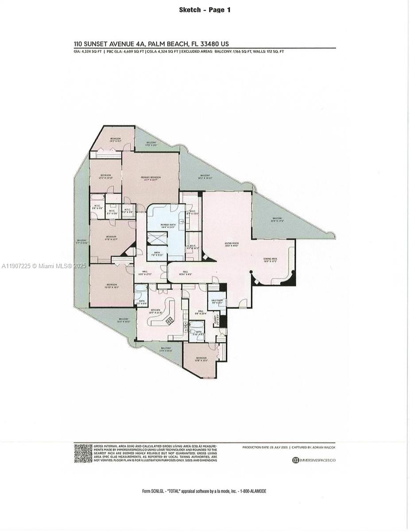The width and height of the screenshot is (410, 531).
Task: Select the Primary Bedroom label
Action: (151, 178)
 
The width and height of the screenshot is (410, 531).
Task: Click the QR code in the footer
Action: (83, 453)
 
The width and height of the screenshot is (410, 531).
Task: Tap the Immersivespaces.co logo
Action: (313, 460)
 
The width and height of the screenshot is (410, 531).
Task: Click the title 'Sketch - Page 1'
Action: (205, 10)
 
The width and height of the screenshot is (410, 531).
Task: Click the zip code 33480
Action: (210, 44)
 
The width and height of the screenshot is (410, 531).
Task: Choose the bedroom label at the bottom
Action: (201, 359)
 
